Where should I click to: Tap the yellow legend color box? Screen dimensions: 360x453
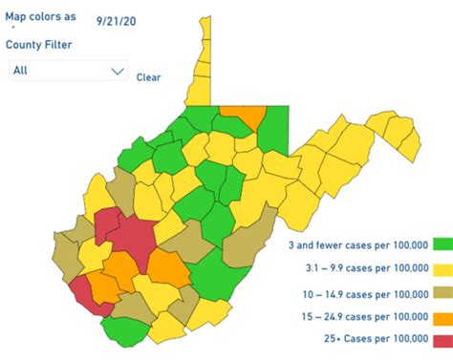click(x=442, y=270)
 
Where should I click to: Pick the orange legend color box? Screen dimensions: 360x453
click(x=442, y=316)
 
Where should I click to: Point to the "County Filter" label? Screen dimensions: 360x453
click(x=39, y=44)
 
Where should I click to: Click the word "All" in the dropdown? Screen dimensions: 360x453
click(x=21, y=71)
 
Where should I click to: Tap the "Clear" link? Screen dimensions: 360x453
click(x=148, y=76)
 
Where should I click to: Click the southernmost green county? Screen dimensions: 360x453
click(x=123, y=329)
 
